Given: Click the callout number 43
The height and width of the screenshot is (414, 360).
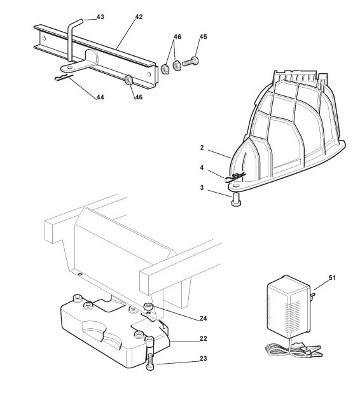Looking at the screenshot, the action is point(100,17).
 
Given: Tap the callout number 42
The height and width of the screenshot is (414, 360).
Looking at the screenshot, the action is point(139,17).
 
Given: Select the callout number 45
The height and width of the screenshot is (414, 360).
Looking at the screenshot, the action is point(203,37).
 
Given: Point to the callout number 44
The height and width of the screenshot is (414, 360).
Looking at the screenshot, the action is point(100,97).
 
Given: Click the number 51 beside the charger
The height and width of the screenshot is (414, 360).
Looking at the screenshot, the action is point(332,278).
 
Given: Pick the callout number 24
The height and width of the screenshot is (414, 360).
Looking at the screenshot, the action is point(203,319).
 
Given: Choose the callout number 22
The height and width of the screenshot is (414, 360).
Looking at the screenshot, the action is point(203,338).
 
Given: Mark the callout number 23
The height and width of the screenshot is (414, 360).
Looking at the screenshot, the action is point(203,359).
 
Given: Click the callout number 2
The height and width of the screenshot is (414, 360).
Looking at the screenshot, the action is point(202,148).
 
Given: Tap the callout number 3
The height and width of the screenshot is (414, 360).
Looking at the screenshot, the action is point(202,188).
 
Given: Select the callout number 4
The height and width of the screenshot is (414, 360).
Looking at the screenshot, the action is point(202,168).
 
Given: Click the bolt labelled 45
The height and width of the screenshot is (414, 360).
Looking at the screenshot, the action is point(190,62).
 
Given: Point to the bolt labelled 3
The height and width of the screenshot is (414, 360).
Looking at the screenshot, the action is point(236,199).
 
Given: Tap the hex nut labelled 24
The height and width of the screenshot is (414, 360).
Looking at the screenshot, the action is point(148,307).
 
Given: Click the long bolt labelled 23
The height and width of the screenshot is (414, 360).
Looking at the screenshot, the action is point(149,354).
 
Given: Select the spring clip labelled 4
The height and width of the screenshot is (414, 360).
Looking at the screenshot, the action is point(235,177).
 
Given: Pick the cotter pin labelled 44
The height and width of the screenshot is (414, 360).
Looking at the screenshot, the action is point(64,78).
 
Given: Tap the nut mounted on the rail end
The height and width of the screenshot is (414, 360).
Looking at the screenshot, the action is point(128,79).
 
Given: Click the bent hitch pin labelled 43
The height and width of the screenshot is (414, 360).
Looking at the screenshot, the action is point(73,39).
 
